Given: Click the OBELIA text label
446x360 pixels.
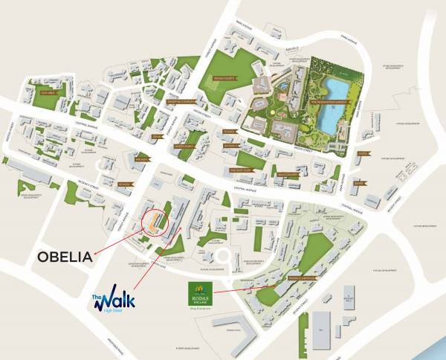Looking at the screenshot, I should click(65, 257).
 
